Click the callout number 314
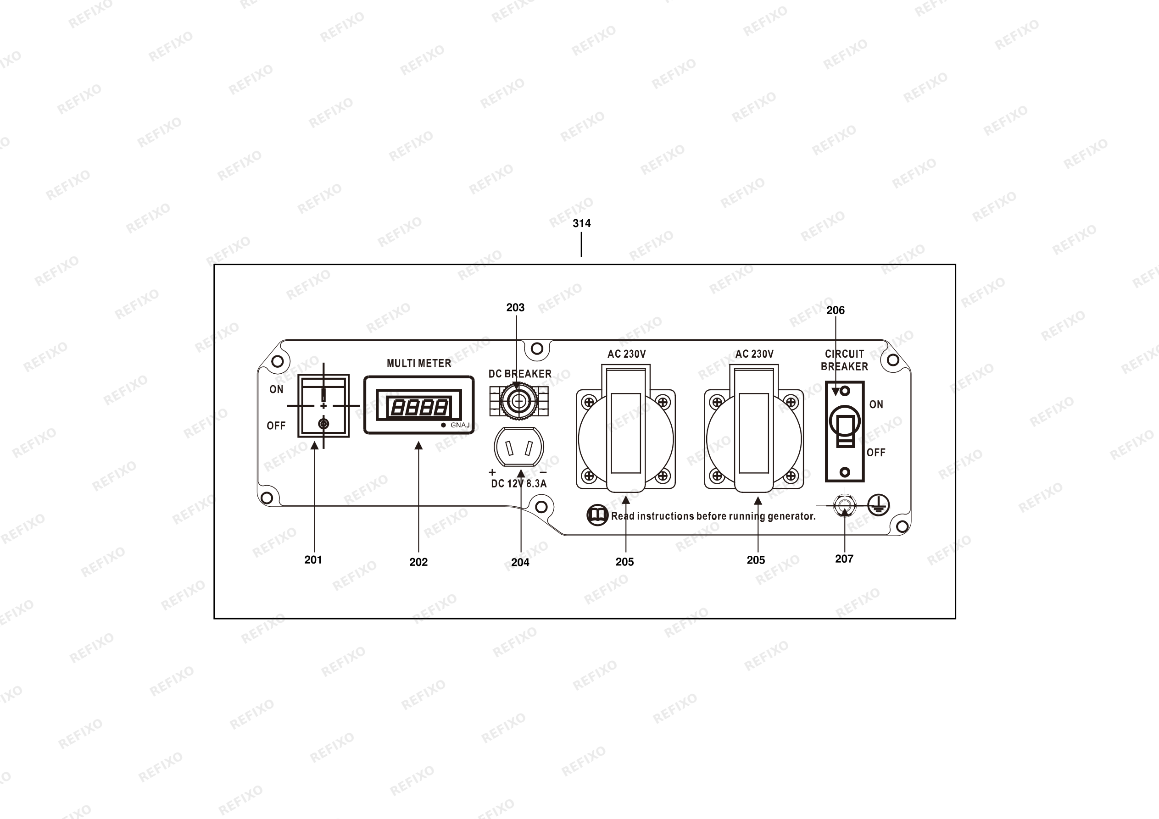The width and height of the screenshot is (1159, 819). (581, 223)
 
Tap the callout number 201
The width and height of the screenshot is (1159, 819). (313, 559)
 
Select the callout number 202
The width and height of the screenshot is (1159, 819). (418, 562)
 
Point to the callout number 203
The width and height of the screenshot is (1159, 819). (515, 307)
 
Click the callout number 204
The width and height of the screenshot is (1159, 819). (520, 562)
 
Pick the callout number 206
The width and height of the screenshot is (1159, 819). (836, 310)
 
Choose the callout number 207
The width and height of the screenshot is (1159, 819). (844, 559)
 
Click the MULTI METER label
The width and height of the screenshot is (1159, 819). (419, 363)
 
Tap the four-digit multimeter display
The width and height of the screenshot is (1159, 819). (418, 407)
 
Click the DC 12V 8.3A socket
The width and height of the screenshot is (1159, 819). (518, 447)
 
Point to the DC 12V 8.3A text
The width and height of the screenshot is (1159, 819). (519, 483)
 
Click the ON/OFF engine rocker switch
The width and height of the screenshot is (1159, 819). (323, 406)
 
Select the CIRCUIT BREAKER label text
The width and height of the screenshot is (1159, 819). (845, 360)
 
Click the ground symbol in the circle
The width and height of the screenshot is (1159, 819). (879, 504)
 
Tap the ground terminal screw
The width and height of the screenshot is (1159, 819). (844, 505)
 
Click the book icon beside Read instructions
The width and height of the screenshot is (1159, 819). (597, 515)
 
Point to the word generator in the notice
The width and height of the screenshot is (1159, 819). (791, 516)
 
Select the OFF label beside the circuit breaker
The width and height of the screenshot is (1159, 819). (876, 453)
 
